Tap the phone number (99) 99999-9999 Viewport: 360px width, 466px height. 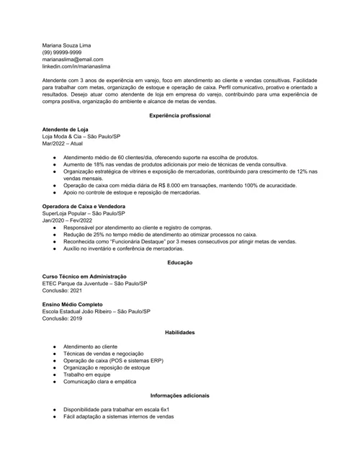tap(62, 53)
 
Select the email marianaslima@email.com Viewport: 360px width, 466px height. tap(73, 60)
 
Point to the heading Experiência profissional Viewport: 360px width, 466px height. tap(180, 116)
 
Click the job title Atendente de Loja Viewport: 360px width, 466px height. tap(66, 129)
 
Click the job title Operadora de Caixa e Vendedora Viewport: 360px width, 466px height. tap(84, 206)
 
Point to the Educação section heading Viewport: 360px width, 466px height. tap(180, 262)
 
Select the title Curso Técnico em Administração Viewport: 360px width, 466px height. tap(84, 276)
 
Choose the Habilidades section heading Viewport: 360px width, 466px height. tap(180, 332)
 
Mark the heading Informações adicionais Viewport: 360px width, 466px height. tap(180, 395)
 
